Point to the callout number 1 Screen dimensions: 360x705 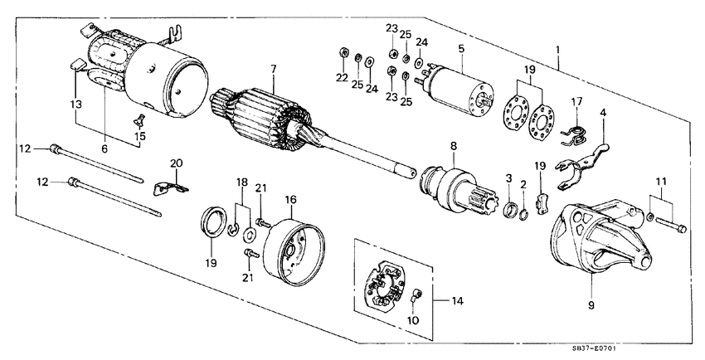(560, 51)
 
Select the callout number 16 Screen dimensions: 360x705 (291, 201)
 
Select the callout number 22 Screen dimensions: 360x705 (341, 79)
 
